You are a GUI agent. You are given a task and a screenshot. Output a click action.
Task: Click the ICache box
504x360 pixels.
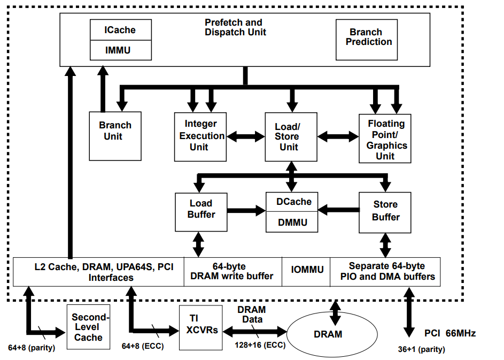pos(121,30)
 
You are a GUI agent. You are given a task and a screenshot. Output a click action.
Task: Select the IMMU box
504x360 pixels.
pos(121,50)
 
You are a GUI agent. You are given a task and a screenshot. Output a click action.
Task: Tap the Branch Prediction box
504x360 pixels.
pos(367,40)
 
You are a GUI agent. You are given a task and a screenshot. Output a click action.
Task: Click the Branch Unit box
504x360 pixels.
pos(115,136)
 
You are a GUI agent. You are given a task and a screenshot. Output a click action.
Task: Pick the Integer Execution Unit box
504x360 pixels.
pos(200,137)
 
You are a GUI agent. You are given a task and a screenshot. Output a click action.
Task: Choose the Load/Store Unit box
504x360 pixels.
pos(291,137)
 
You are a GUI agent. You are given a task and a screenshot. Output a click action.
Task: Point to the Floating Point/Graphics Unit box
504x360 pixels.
pos(385,139)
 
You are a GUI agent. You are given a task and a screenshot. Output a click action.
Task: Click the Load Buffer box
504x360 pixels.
pos(201,212)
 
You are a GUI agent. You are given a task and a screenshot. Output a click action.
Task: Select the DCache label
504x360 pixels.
pos(294,202)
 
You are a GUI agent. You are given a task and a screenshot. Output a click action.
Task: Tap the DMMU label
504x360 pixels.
pos(292,223)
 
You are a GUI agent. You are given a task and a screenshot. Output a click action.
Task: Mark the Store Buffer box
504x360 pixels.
pos(385,213)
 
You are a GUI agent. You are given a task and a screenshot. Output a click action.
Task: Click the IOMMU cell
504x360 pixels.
pos(306,272)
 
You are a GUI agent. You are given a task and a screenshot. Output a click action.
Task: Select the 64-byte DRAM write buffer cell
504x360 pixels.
pos(232,272)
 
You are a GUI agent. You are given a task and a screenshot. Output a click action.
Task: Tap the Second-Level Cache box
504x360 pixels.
pos(88,327)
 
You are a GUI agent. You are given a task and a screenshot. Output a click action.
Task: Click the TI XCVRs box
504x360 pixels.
pos(200,327)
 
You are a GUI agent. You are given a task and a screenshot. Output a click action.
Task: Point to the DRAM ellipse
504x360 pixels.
pos(332,334)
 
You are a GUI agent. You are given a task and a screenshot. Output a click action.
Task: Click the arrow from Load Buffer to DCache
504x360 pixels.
pos(246,211)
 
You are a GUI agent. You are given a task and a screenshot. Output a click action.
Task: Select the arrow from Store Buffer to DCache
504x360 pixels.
pos(338,210)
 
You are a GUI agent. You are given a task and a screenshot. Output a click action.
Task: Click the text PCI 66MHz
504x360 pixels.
pos(450,333)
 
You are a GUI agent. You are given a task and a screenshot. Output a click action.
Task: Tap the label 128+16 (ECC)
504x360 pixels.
pos(260,345)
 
